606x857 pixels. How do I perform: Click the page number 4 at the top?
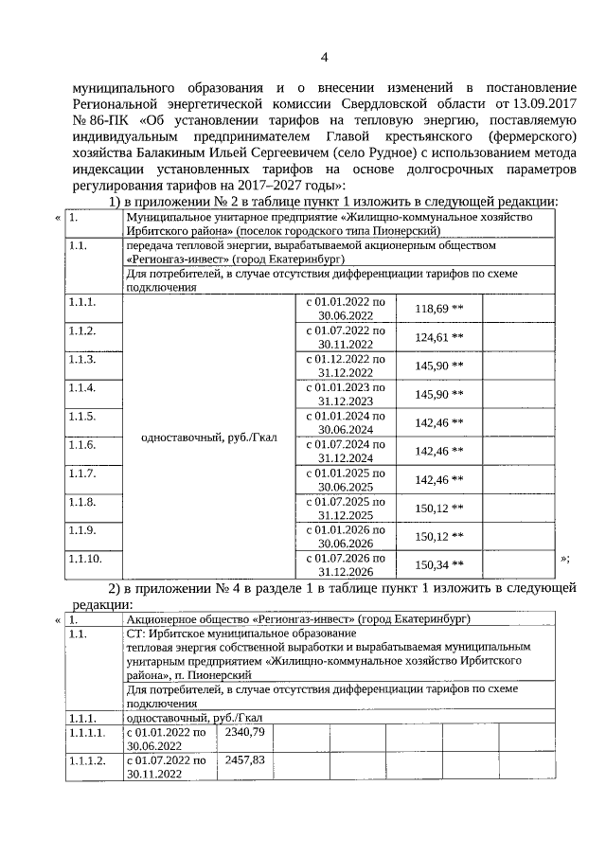click(324, 58)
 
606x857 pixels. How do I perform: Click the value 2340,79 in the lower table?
click(246, 732)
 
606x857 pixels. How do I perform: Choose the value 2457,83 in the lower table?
click(246, 760)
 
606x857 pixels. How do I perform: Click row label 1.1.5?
click(82, 416)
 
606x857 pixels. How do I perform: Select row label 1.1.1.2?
click(89, 760)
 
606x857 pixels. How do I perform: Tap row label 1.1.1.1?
click(89, 732)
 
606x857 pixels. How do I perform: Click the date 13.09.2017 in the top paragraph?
click(543, 100)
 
